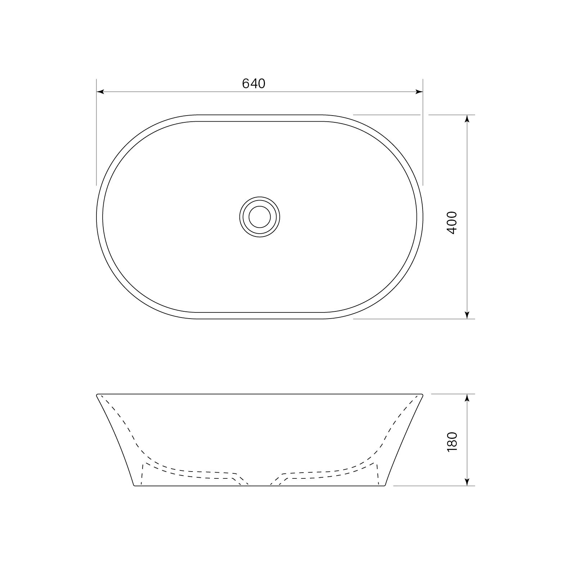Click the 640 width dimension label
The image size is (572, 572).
(x=253, y=84)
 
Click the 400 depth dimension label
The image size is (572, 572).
(x=451, y=223)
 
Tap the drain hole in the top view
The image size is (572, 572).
(x=260, y=217)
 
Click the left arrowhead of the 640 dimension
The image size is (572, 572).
(x=100, y=92)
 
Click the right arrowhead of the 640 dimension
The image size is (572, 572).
(x=419, y=92)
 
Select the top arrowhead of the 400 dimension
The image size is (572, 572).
(x=467, y=119)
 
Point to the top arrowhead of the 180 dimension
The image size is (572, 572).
(x=467, y=398)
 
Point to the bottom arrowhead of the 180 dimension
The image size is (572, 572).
(x=467, y=482)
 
